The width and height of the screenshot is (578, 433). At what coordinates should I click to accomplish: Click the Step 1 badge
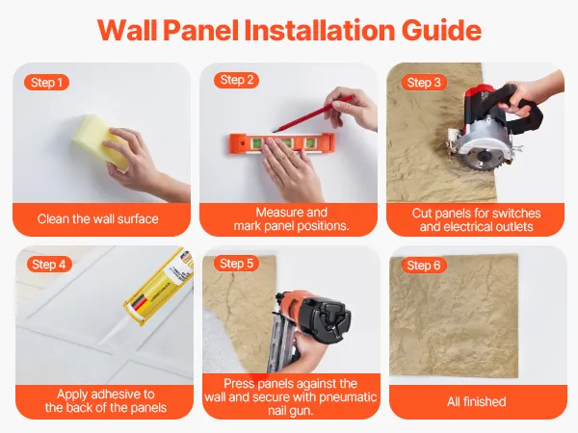(46, 83)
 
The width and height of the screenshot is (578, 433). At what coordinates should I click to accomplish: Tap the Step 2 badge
(236, 80)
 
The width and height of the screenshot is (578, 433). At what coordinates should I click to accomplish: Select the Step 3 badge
(424, 83)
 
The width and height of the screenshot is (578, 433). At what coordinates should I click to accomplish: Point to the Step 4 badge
(49, 265)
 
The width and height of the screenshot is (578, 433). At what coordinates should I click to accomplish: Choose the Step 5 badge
(236, 264)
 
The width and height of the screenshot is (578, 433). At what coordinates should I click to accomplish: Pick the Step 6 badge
(424, 266)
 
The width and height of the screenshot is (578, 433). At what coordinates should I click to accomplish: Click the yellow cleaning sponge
(96, 140)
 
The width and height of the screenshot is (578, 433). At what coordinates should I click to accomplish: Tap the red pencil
(312, 114)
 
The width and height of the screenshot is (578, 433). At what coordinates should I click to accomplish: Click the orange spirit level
(282, 143)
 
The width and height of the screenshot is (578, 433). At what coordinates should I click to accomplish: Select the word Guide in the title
(441, 30)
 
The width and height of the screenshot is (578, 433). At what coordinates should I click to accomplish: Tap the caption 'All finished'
(476, 401)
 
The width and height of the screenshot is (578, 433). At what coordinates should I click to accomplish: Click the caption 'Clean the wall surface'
(97, 219)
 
